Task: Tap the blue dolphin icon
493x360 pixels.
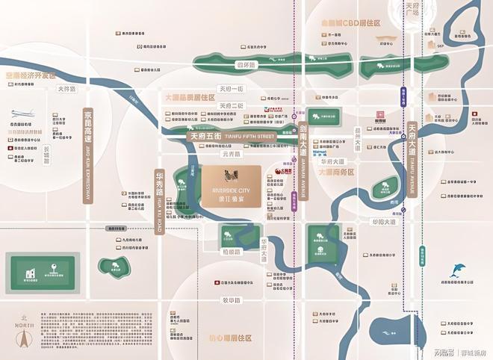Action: pyautogui.click(x=456, y=271)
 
